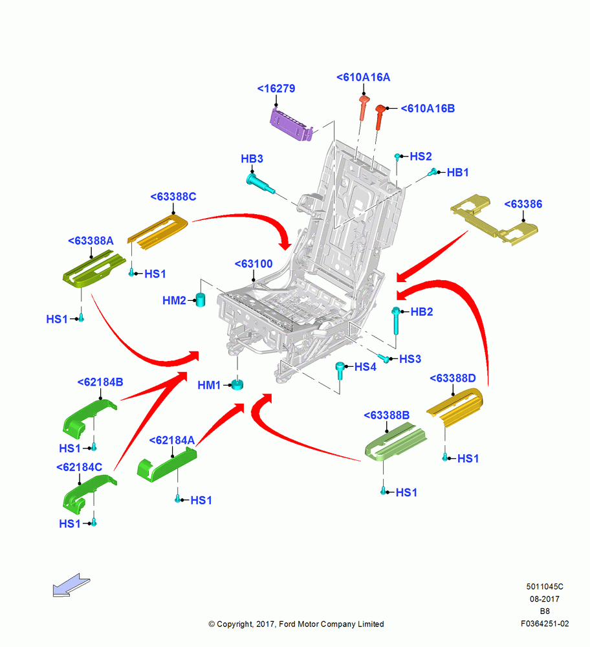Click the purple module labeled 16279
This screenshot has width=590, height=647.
coord(291,124)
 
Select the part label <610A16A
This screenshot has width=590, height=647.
coord(363,77)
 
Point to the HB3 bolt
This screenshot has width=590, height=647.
coord(260,184)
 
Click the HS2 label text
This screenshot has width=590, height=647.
coord(421,157)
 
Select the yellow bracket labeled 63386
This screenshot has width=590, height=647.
coord(494,219)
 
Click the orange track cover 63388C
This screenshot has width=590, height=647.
coord(158,232)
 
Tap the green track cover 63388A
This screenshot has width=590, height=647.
coord(94,270)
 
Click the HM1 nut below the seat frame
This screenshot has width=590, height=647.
coord(237,384)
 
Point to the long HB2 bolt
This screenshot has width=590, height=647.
coord(395,321)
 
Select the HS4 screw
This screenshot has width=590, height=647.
coord(340,371)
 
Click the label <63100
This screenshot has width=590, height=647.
coord(254,264)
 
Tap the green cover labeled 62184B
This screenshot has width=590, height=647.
coord(89,418)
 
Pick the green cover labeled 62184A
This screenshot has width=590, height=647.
coord(167,465)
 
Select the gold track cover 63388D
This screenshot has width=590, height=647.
coord(454,406)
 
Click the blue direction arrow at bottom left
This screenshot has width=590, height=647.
coord(71,585)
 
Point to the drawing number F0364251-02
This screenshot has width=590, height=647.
coord(545,624)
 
